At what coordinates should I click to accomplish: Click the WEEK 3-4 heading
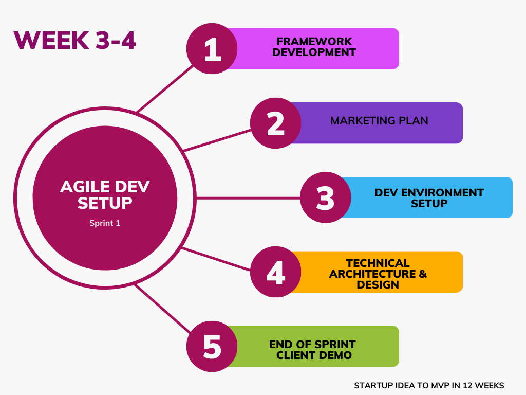coord(74,40)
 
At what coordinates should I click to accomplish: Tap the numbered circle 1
coord(212,49)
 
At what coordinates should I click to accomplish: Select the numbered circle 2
coord(276,123)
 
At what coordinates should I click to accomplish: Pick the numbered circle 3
coord(325,197)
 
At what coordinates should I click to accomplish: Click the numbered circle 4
coord(276,272)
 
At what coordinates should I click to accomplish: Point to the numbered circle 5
coord(212,346)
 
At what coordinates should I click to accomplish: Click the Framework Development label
coord(314,47)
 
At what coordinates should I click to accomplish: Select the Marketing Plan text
coord(379,120)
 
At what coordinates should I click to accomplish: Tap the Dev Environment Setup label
coord(429,198)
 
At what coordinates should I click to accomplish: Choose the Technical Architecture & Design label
coord(378,274)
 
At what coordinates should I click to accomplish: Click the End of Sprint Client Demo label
coord(313,350)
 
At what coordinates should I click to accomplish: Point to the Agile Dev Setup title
coord(105,195)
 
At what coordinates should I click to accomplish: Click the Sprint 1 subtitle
coord(105,223)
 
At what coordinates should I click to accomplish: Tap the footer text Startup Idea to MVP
coord(429,385)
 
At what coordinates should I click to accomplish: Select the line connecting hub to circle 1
coord(165,88)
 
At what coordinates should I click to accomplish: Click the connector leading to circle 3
coord(248,198)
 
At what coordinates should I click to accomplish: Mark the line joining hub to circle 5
coord(163,309)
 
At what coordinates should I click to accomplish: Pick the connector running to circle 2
coord(217,140)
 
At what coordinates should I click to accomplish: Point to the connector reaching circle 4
coord(216,259)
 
